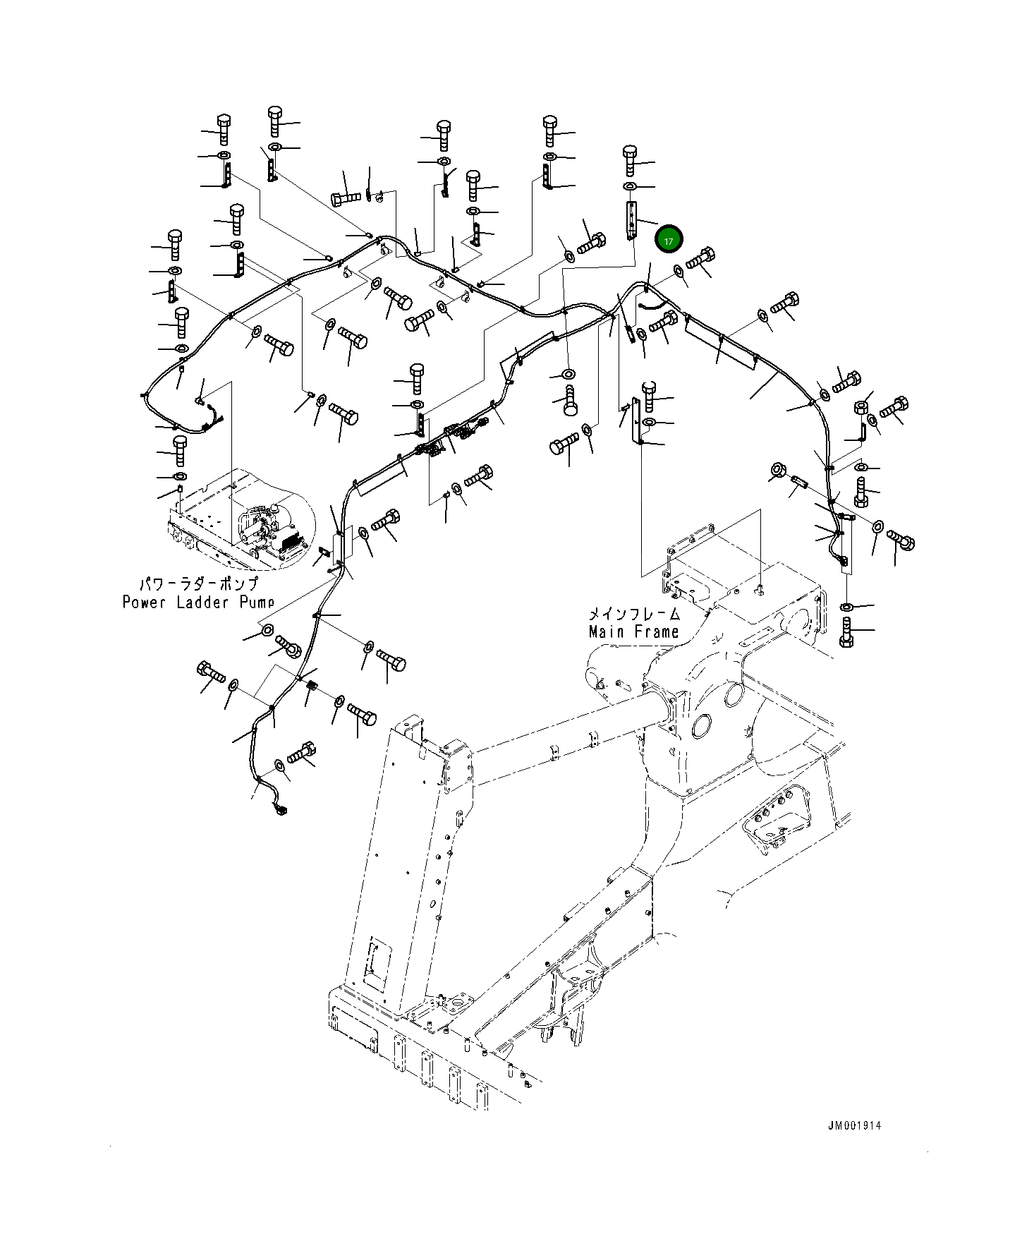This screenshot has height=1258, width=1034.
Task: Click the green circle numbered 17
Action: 668,240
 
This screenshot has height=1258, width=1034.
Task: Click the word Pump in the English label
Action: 257,602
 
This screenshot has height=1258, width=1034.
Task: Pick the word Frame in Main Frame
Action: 657,631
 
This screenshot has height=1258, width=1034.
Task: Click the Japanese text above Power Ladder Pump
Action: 198,583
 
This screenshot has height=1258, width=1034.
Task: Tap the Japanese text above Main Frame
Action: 634,614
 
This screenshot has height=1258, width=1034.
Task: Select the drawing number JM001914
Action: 855,1125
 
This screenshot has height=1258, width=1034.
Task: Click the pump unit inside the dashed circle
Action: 272,526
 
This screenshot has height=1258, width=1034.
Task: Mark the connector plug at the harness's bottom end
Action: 281,809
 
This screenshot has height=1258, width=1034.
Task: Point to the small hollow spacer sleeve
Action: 798,483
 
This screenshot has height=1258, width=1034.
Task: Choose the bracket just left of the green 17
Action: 631,219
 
